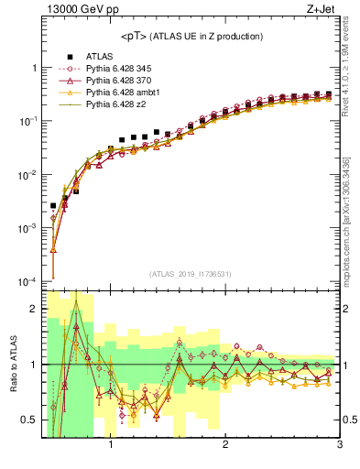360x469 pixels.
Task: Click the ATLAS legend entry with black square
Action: (x=100, y=57)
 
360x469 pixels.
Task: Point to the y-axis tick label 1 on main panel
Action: (x=33, y=68)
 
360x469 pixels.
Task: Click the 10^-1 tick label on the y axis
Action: (x=29, y=121)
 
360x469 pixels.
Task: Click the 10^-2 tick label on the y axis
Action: (x=29, y=174)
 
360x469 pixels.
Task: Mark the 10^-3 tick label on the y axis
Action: (x=29, y=227)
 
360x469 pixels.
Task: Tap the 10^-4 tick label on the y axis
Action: (x=29, y=280)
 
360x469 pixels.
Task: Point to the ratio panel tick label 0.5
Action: (x=29, y=420)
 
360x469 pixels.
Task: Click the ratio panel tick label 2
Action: (x=33, y=309)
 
